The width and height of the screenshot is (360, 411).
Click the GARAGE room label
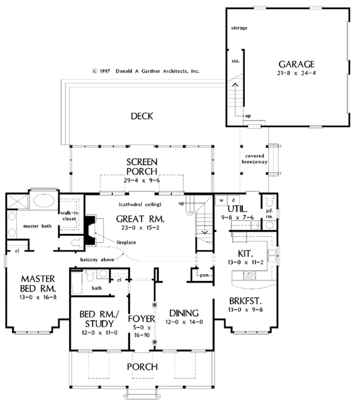(x=297, y=64)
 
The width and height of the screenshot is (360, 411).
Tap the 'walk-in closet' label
(x=67, y=216)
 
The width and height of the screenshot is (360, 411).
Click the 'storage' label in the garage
(x=239, y=28)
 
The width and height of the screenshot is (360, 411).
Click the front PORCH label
(x=142, y=366)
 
